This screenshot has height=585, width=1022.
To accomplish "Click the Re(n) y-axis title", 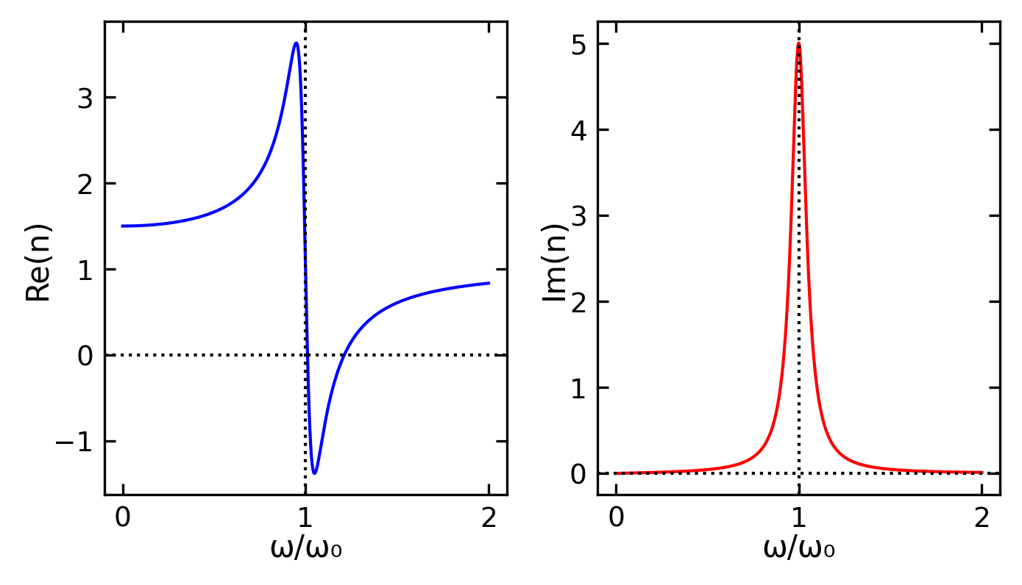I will click(39, 262).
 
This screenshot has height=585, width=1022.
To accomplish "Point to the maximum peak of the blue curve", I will click(296, 43).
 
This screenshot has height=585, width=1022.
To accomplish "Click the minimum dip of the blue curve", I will click(315, 473).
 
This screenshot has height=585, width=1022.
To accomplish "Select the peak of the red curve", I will click(798, 43).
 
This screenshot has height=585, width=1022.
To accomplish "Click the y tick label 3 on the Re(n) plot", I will click(85, 98).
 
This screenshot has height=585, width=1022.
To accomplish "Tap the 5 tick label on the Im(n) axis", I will click(578, 44).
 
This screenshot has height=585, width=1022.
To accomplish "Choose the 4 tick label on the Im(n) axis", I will click(578, 130).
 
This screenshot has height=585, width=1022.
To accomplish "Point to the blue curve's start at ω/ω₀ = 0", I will click(123, 226).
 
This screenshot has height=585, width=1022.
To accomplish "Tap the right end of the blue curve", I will click(489, 283).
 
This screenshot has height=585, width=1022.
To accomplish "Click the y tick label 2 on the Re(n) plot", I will click(85, 184).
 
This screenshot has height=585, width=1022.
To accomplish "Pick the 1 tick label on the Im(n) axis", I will click(578, 388).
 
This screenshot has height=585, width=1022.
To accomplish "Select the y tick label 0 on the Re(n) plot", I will click(85, 356).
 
